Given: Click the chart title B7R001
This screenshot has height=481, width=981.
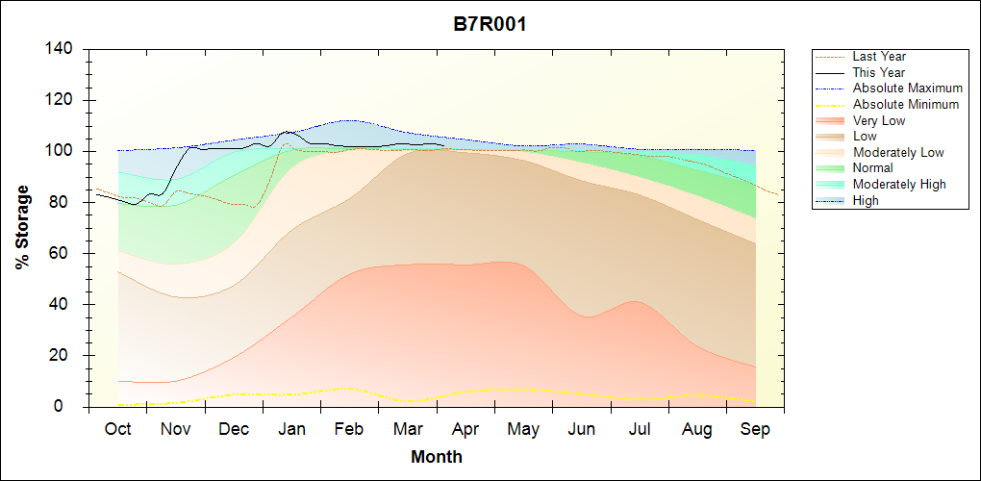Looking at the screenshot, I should pos(490,24).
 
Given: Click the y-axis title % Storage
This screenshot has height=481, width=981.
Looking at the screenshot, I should pos(22,228).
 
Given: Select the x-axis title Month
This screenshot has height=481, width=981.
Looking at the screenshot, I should pos(436,457).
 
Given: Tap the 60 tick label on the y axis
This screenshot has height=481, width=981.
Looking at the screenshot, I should pos(65,254).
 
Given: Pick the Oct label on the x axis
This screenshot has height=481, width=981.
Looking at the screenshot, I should pos(117,429).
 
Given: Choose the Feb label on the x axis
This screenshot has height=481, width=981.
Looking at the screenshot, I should pos(349,429).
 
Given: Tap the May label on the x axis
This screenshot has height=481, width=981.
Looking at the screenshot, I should pos(523,429).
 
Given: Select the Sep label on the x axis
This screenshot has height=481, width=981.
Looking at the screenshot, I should pos(755,429).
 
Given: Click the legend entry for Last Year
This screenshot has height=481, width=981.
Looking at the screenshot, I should pos(879,57).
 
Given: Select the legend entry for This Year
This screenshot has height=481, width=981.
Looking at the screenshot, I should pos(879,73).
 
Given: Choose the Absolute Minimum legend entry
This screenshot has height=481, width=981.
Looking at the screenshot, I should pos(905,105).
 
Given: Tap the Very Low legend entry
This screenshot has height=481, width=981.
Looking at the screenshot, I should pos(879,121).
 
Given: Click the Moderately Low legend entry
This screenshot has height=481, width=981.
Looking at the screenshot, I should pos(898,153).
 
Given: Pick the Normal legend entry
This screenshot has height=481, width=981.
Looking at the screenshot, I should pos(872,168).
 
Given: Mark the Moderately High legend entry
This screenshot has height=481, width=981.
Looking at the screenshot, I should pos(899,185).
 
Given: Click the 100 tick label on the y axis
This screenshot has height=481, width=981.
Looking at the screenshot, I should pos(61,152).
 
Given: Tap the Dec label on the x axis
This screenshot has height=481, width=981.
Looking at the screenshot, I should pos(234,429).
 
